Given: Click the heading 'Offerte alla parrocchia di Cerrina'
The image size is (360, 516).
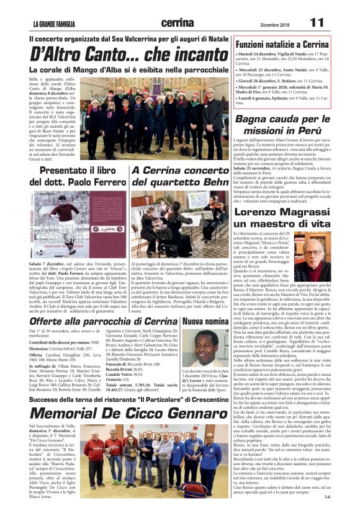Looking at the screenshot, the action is point(103,321).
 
